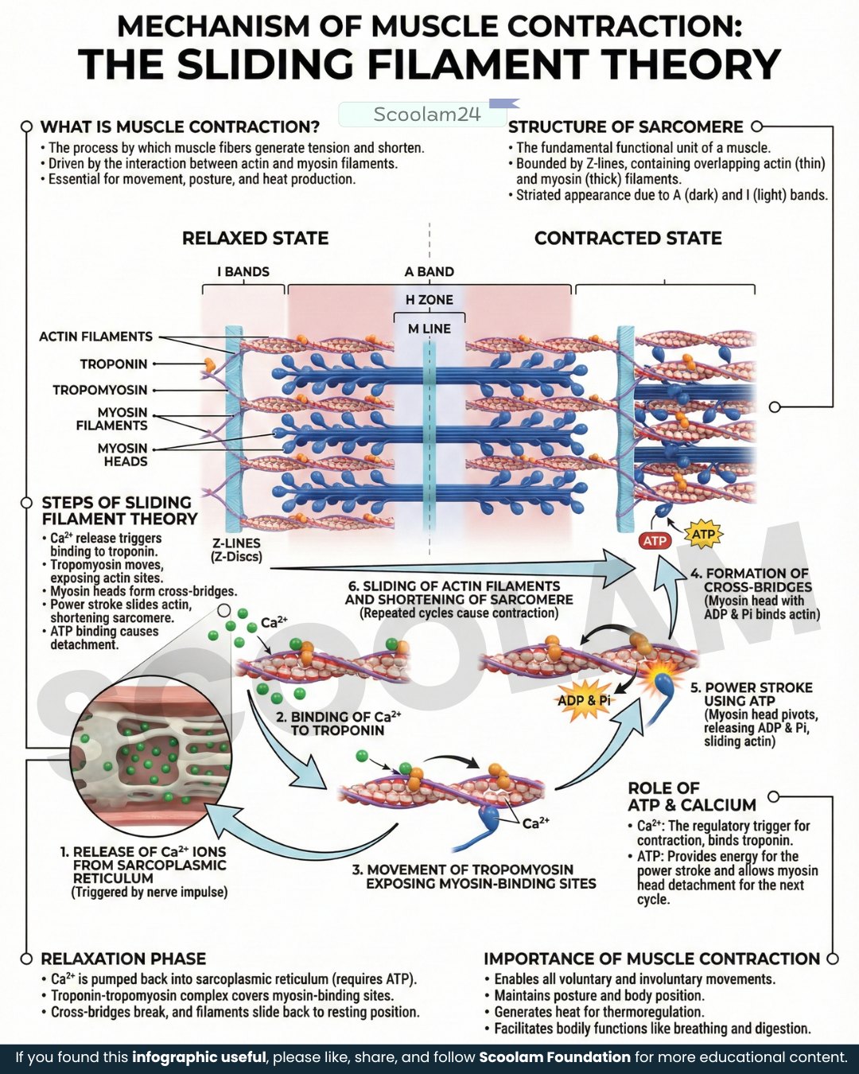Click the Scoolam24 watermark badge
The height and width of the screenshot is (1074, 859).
point(423,115)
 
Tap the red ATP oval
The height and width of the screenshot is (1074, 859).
point(655,541)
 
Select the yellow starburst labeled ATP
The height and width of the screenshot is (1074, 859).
point(703,535)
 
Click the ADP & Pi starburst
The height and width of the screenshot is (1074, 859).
point(584,701)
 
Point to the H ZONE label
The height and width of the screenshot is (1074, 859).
point(429,300)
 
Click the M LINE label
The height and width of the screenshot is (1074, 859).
point(429,329)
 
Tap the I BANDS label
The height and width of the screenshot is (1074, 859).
point(243,272)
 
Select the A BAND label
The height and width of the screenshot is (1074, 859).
point(429,272)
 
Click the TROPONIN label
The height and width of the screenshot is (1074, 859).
point(114,364)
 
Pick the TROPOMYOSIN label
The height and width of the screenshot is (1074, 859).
point(100,390)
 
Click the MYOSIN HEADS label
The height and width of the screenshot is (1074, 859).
point(122,454)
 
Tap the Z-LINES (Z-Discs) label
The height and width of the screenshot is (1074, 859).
point(237,550)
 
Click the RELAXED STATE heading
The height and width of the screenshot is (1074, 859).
point(255,238)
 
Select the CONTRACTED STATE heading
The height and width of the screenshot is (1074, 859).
point(628,238)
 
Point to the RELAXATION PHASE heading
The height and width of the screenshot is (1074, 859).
point(123,959)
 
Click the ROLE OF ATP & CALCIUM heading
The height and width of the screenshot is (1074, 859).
point(692,796)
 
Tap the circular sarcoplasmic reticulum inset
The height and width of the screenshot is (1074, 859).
point(151,760)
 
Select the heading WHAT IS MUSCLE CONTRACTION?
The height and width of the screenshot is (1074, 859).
point(180,126)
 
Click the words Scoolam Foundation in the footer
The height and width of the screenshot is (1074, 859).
point(554,1057)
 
